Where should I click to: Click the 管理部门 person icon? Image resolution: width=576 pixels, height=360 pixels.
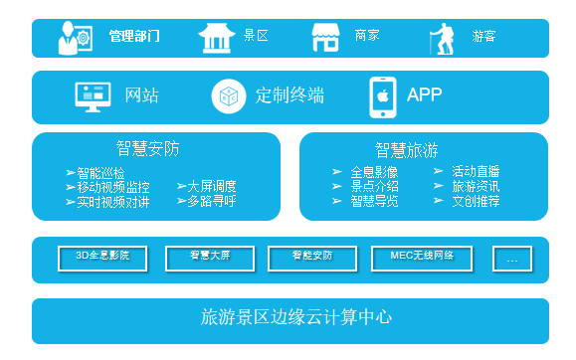coord(74,38)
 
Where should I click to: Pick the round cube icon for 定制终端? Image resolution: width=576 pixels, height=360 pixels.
coord(228,95)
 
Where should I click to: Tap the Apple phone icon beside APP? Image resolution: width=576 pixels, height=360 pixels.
coord(382,95)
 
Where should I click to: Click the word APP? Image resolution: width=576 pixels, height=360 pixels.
coord(424,95)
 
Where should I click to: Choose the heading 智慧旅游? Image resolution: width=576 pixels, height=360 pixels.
coord(406,150)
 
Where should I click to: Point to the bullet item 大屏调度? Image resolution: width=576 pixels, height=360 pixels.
coord(212,186)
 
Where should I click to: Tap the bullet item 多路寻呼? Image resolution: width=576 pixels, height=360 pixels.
coord(212,201)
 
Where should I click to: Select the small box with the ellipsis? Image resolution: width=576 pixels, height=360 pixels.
coord(512,259)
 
